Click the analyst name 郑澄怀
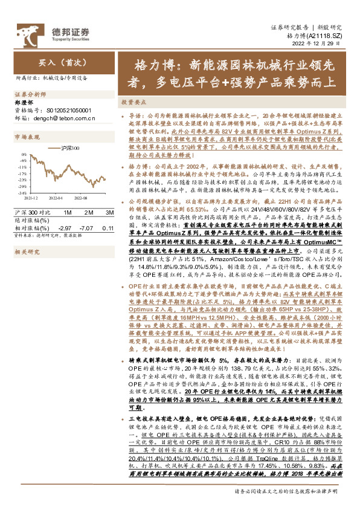[x=24, y=103]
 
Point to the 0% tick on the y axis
[x=23, y=155]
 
